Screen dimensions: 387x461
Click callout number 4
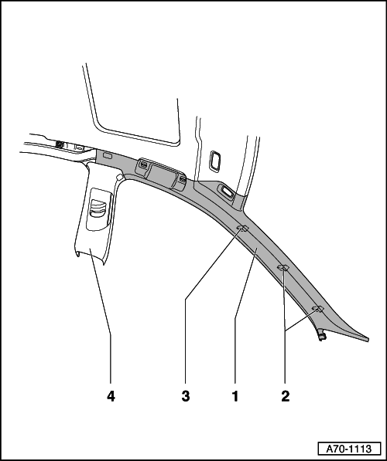coord(111,396)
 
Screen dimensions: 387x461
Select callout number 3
coord(186,396)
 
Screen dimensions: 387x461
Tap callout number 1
coord(235,396)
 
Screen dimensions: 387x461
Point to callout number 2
coord(286,396)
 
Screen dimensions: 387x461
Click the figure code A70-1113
coord(349,449)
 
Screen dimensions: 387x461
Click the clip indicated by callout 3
coord(243,228)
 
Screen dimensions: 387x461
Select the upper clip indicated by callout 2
coord(283,267)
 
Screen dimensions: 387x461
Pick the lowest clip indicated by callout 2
coord(318,308)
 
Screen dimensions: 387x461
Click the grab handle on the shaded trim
coord(161,175)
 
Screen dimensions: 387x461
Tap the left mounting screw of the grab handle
coord(143,164)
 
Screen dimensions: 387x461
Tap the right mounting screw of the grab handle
coord(183,179)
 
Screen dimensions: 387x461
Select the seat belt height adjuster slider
coord(98,208)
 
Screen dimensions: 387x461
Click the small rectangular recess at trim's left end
coord(108,156)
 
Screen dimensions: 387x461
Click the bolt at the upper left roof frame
coord(60,144)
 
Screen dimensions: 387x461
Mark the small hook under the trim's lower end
coord(322,335)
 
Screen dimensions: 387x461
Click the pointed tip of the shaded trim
coord(368,340)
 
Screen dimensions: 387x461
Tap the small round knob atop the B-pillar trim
coord(119,178)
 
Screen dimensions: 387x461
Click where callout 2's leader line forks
coord(286,330)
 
